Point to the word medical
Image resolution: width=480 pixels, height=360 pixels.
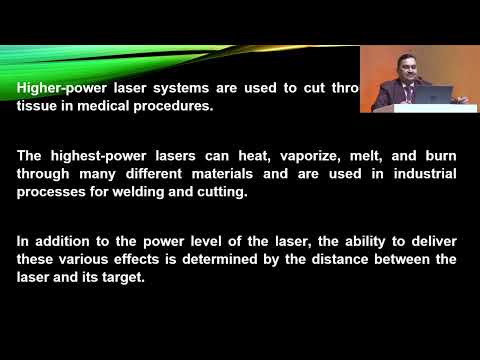point(105,106)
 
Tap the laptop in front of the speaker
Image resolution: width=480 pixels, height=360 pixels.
point(440,95)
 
